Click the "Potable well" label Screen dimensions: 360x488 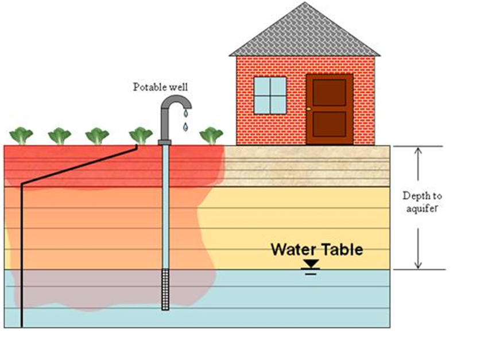coord(160,87)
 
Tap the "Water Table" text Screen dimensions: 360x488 coord(316,250)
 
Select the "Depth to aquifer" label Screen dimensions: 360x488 coord(422,203)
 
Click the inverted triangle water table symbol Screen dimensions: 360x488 coord(311,264)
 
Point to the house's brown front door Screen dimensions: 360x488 coord(329,109)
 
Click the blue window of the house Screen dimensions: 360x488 coord(270,95)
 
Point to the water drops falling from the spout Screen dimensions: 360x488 coord(185,121)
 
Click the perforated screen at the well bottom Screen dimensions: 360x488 coord(165,290)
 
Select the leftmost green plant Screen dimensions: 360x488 coord(21,136)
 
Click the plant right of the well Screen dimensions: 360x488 coord(211,136)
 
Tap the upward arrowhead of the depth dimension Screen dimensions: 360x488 coord(418,152)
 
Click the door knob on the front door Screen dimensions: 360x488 coord(308,109)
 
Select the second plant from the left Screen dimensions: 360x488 coord(59,136)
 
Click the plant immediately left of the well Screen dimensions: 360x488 coord(141,136)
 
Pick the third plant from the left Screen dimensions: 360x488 coord(97,136)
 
